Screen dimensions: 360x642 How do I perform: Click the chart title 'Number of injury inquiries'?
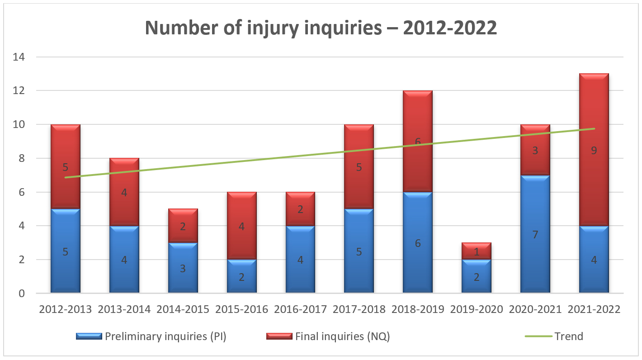321,28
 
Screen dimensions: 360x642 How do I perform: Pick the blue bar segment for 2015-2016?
241,276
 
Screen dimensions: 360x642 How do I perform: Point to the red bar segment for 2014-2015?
183,226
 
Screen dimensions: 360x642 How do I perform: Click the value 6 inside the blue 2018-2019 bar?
418,243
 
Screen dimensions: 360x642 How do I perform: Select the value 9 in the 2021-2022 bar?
594,151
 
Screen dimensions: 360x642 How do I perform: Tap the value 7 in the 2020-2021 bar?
535,235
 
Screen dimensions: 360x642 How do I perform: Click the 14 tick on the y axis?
20,57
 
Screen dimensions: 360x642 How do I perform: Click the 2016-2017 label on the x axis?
300,310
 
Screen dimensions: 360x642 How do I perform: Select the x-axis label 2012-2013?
65,310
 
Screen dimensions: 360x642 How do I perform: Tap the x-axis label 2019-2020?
477,310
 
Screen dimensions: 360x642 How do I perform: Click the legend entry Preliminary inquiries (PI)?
165,336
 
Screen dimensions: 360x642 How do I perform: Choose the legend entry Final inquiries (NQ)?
342,336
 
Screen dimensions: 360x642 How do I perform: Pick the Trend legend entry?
569,336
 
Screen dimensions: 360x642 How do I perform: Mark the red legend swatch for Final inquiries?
279,336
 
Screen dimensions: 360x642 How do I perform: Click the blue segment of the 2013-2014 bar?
124,260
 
